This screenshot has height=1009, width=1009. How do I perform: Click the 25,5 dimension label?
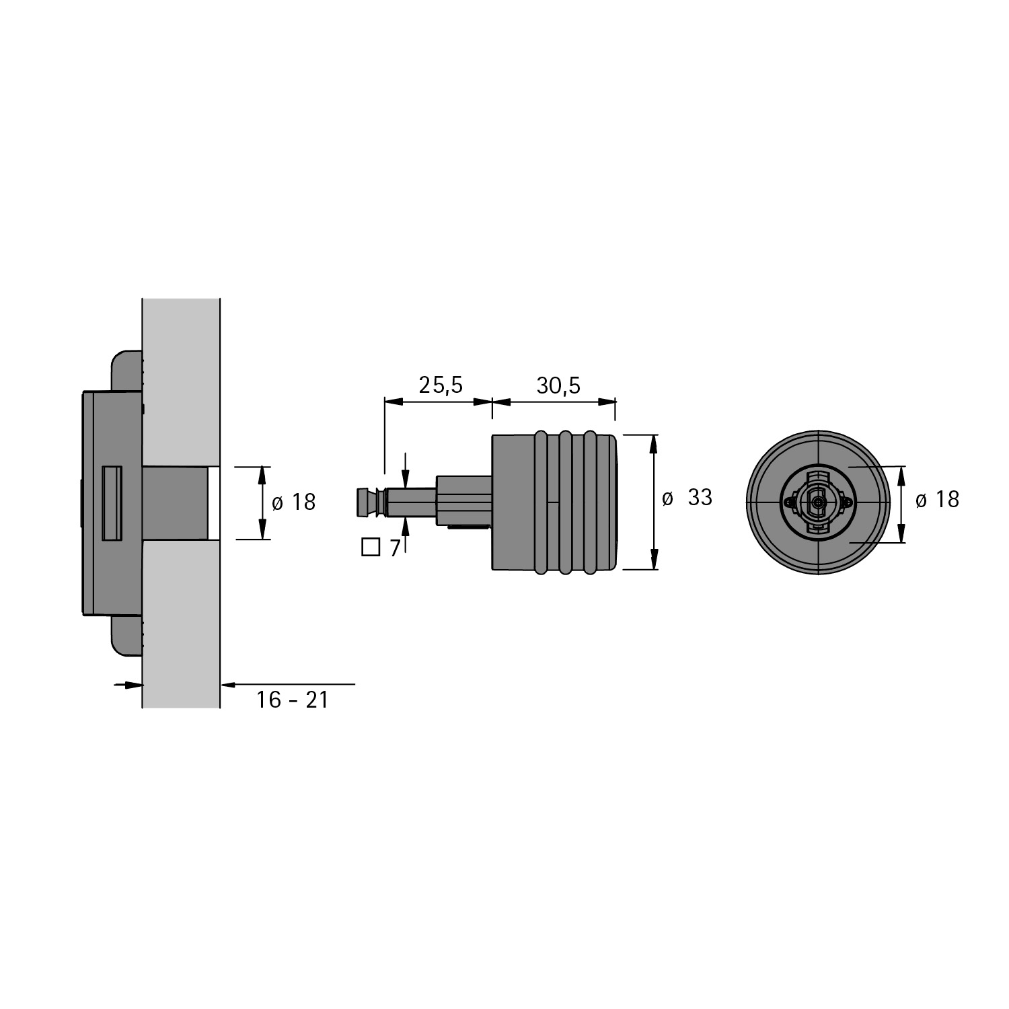click(x=441, y=385)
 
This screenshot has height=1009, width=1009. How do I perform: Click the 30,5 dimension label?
click(x=558, y=385)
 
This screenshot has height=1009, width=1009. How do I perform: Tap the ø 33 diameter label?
click(x=687, y=498)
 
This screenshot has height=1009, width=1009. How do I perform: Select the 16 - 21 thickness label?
click(x=292, y=700)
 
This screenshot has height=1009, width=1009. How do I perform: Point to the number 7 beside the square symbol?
click(x=395, y=548)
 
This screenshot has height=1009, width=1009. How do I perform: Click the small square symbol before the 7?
click(x=371, y=548)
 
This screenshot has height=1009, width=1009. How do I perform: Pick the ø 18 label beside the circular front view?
click(x=938, y=499)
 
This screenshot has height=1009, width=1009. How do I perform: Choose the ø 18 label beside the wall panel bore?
click(x=293, y=502)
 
